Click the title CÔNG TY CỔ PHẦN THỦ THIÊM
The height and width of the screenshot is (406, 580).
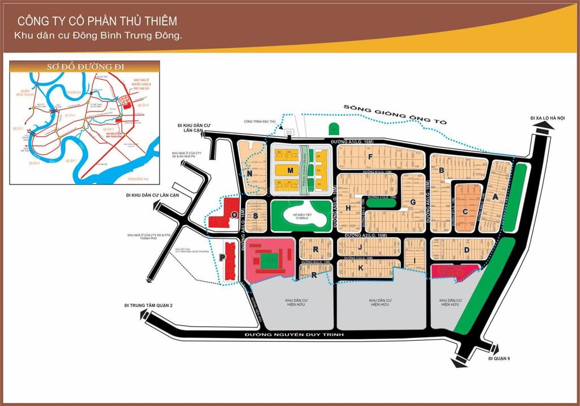tap(97, 22)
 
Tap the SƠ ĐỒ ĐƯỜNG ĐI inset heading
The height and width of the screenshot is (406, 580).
tap(85, 67)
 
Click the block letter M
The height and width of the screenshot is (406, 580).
tap(291, 170)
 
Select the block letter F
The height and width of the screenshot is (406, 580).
tap(370, 157)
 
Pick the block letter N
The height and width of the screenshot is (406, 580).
tap(249, 174)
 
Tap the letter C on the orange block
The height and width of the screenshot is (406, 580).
tap(465, 212)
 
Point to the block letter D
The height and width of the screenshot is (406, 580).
tap(467, 250)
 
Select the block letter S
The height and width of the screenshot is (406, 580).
tap(255, 216)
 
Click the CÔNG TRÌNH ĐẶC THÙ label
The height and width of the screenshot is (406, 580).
tap(259, 121)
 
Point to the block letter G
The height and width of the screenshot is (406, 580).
tap(413, 202)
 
